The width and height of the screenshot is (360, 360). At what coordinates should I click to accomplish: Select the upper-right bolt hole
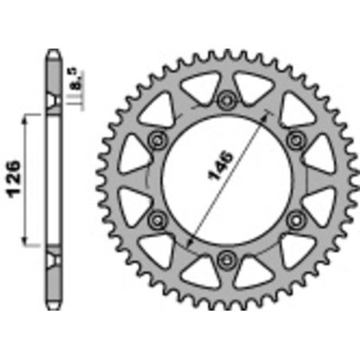(x=298, y=139)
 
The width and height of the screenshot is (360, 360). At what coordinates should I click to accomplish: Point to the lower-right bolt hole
(x=298, y=217)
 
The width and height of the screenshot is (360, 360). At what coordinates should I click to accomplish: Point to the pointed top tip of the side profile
(x=53, y=54)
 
